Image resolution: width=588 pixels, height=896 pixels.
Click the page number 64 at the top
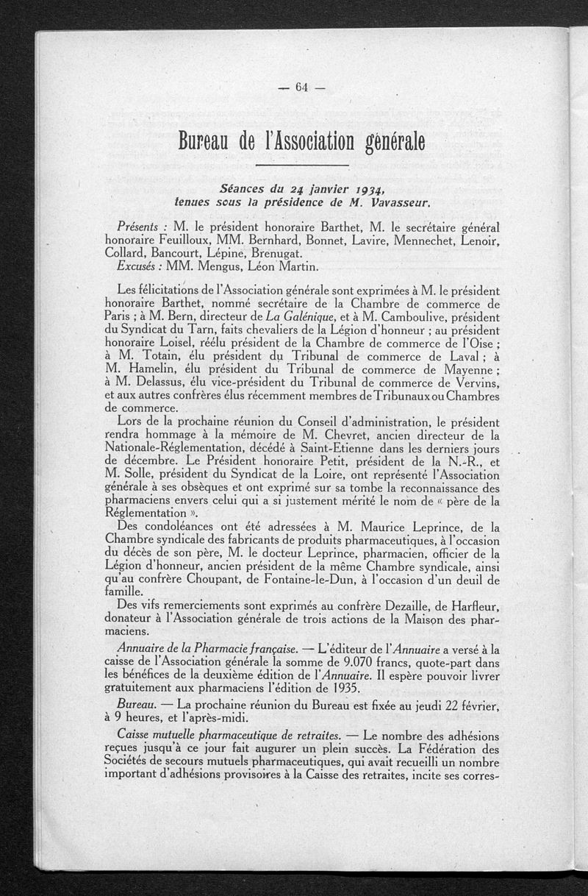(x=301, y=87)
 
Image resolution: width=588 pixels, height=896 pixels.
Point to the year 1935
(x=337, y=688)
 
